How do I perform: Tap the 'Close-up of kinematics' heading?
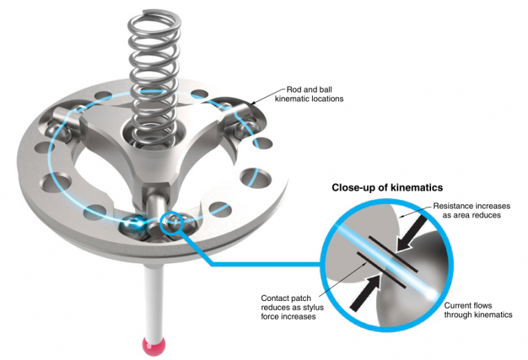click(x=387, y=188)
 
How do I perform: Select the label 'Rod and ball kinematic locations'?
click(x=309, y=94)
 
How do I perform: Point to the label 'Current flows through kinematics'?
click(x=478, y=310)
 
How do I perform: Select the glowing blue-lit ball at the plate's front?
click(x=134, y=224)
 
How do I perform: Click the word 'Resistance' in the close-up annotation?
click(x=452, y=206)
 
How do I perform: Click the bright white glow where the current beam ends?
click(x=432, y=295)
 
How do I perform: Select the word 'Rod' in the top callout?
click(x=294, y=90)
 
